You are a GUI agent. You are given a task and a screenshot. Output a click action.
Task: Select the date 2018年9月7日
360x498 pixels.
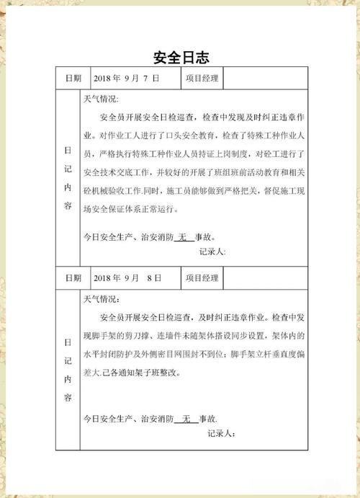(x=126, y=78)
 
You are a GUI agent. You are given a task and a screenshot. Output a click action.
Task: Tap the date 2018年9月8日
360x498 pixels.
(x=127, y=277)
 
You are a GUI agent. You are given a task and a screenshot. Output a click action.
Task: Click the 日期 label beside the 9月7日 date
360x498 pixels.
(x=73, y=78)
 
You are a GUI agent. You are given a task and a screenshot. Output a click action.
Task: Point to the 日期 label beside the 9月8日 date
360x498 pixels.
(x=73, y=277)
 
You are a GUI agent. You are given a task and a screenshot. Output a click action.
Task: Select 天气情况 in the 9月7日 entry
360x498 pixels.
(x=102, y=99)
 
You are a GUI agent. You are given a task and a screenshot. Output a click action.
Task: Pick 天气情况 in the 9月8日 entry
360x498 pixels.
(x=102, y=298)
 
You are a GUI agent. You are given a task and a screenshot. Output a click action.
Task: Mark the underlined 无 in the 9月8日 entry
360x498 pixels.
(x=186, y=418)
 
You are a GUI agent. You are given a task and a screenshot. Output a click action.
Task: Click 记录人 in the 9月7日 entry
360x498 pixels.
(x=212, y=252)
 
